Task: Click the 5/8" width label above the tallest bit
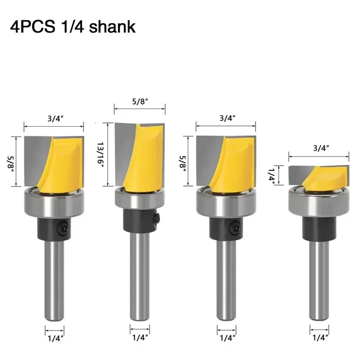click(140, 102)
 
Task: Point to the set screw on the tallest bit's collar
click(157, 218)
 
